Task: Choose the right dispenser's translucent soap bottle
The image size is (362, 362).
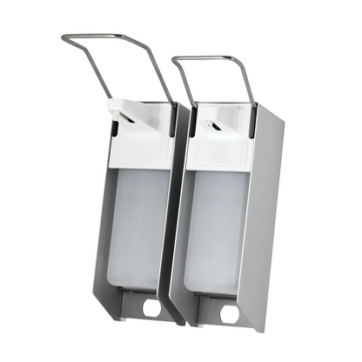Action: pos(218,226)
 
